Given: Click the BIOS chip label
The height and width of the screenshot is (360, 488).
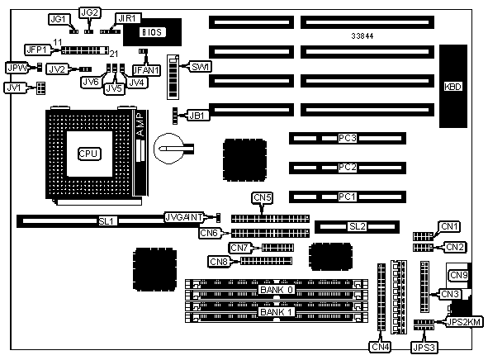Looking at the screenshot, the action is (152, 32).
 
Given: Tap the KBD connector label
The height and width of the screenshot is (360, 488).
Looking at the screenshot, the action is (452, 87).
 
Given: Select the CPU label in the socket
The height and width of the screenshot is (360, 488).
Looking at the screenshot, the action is (89, 154).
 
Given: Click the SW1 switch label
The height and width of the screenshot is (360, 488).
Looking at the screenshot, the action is (200, 67).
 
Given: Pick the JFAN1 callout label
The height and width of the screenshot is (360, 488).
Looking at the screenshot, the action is (147, 70).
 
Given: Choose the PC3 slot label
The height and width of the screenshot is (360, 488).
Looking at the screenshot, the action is (348, 138).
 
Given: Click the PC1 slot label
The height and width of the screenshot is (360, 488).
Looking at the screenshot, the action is (347, 197).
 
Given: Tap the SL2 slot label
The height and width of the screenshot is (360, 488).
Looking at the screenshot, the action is (358, 226).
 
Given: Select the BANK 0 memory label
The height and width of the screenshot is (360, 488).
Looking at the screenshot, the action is (277, 290).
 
